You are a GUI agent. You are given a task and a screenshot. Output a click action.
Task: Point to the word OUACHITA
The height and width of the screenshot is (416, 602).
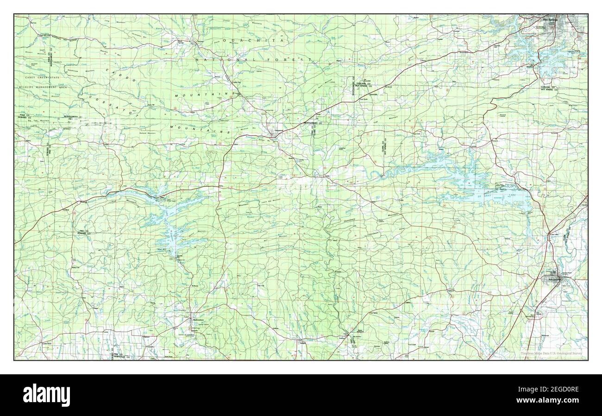[x=253, y=41]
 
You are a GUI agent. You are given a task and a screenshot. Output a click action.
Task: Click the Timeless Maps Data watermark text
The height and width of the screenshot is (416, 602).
[x=551, y=353]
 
